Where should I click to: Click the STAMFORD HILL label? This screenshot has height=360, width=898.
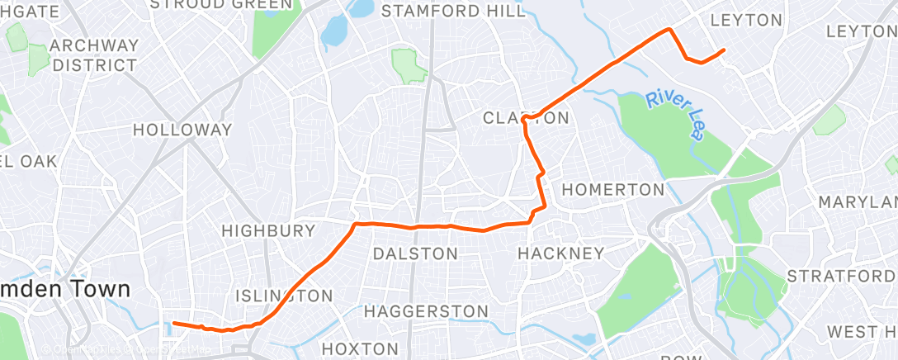coord(453,12)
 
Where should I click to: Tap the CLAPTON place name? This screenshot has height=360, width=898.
coord(526,118)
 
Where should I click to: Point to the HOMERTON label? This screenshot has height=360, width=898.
coord(612,190)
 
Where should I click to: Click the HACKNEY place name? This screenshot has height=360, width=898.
coord(560,253)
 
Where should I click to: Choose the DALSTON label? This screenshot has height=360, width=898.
coord(415,253)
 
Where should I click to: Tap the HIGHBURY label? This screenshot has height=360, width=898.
coord(268,230)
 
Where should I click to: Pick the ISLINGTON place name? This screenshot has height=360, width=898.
coord(284,296)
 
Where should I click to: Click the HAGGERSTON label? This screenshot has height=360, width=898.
coord(426,311)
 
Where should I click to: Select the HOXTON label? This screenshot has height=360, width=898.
coord(360,349)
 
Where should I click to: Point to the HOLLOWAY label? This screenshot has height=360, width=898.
coord(182,130)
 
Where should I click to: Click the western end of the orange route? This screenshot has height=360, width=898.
coord(174,324)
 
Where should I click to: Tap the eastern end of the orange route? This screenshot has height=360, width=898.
coord(724,50)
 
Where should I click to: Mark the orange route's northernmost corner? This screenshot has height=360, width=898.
coord(669,30)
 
